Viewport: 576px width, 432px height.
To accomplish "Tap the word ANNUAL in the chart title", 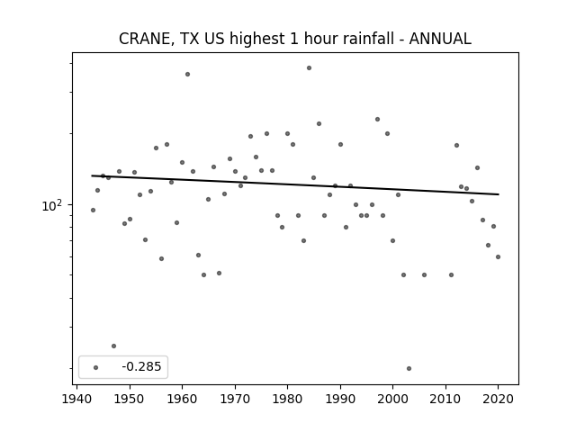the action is [440, 39].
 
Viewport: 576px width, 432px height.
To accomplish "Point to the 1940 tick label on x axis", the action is [76, 399].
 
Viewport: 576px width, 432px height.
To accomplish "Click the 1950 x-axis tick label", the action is [130, 399].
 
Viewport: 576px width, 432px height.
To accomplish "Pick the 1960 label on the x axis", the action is [182, 399].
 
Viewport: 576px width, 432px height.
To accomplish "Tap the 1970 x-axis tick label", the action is [235, 399].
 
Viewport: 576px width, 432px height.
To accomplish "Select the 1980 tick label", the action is [287, 399].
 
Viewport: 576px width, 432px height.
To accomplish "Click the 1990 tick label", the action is [340, 399].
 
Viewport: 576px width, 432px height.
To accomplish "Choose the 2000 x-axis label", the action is [392, 399].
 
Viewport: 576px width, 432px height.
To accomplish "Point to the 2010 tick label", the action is [445, 399].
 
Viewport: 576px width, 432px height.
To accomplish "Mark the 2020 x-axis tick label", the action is [498, 399].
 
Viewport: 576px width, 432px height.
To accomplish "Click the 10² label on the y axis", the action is [52, 205].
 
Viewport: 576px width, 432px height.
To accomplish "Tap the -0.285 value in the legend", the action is [141, 366].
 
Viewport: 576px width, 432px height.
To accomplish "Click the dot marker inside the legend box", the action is [96, 367].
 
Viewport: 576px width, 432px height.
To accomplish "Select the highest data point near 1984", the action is [309, 68].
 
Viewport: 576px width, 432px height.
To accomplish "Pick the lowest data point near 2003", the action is [409, 368].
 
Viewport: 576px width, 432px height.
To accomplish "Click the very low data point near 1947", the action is [113, 346].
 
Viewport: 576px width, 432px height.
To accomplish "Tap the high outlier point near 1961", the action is [187, 74].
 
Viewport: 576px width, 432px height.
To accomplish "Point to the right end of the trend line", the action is [499, 194].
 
